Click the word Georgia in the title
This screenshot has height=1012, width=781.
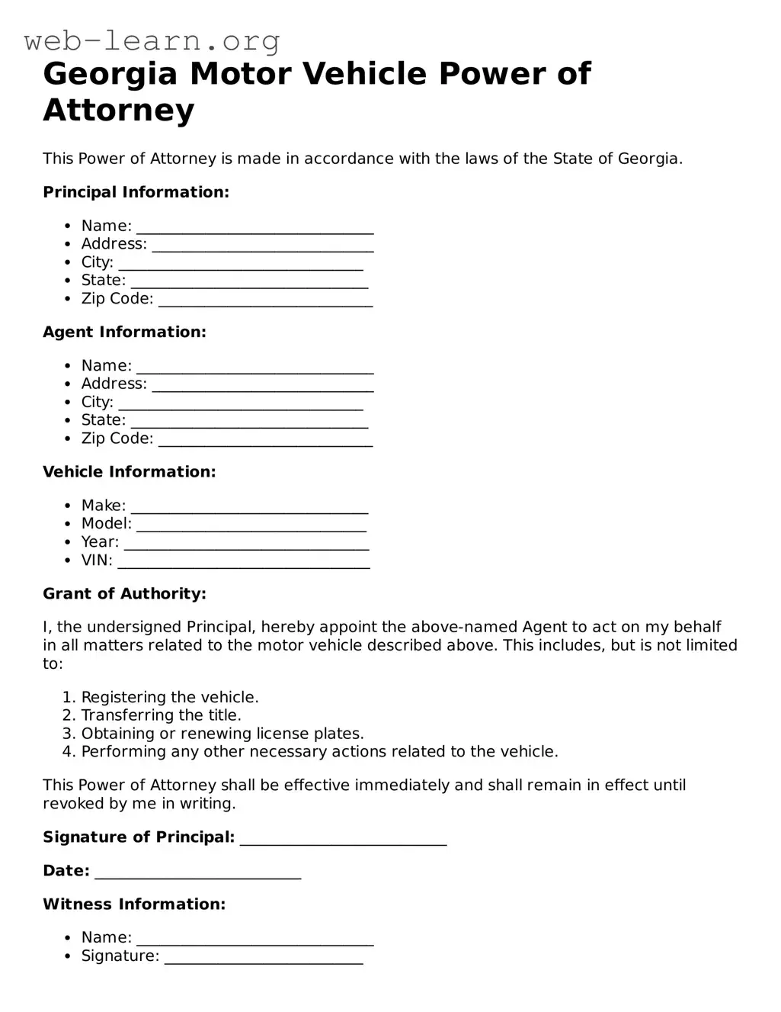tap(110, 74)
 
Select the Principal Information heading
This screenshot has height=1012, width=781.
tap(136, 192)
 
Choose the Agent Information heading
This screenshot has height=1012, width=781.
tap(124, 332)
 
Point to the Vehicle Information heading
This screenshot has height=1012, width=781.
tap(129, 472)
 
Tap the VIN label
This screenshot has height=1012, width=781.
tap(97, 561)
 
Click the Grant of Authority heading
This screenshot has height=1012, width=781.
tap(124, 594)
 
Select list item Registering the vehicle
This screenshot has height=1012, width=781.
tap(169, 697)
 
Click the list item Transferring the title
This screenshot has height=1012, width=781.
tap(161, 715)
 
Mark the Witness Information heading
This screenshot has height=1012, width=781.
tap(134, 904)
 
